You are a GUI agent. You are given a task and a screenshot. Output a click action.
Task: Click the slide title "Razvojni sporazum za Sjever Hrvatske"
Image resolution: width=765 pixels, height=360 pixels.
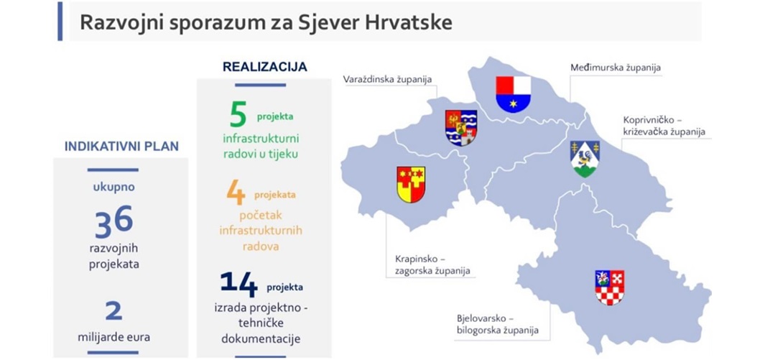(x=266, y=22)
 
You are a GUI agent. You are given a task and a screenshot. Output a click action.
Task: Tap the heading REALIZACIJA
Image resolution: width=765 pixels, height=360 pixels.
(x=265, y=67)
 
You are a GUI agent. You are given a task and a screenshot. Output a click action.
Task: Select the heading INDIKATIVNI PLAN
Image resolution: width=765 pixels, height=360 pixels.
(x=121, y=146)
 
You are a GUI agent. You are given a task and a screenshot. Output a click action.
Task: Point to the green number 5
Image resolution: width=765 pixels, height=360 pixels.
(x=238, y=116)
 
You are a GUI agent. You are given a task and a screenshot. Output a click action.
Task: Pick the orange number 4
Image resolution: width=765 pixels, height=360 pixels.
(x=236, y=192)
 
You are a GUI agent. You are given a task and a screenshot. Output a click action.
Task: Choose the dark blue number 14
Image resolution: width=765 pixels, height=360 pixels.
(x=238, y=284)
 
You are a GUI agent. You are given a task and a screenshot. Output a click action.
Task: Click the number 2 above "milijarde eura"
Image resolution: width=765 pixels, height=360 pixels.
(x=113, y=310)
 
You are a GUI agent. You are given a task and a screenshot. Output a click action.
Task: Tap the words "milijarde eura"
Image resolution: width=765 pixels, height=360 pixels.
(x=113, y=336)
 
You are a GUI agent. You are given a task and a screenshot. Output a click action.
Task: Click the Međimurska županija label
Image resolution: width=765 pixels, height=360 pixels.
(x=616, y=68)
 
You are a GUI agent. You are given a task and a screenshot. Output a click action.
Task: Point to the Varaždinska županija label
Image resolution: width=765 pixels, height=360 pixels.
(x=387, y=79)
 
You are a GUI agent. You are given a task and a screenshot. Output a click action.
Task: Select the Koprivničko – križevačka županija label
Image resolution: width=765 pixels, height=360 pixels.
(x=664, y=125)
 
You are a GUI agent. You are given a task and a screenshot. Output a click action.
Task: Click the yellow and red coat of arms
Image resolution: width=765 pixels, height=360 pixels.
(x=411, y=185)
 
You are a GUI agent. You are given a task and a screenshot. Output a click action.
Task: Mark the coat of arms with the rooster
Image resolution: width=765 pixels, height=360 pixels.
(x=585, y=159)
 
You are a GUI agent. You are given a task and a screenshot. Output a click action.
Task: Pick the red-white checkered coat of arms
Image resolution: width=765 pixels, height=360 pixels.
(x=610, y=288)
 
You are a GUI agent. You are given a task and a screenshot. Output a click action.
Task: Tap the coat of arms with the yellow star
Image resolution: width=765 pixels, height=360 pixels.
(x=514, y=95)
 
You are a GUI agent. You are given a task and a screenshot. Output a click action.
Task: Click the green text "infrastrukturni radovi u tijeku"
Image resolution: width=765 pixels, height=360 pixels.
(x=261, y=147)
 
